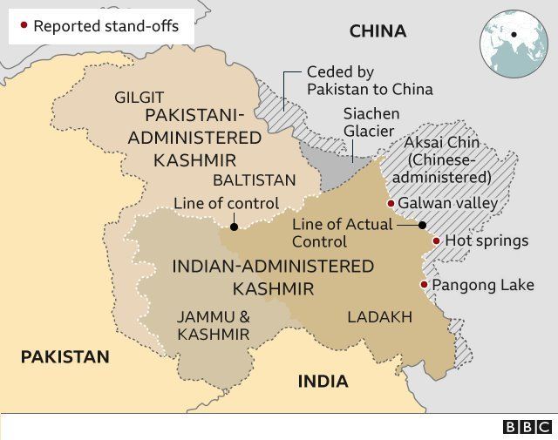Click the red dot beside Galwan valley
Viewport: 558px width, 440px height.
click(x=391, y=204)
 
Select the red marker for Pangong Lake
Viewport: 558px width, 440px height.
click(x=424, y=285)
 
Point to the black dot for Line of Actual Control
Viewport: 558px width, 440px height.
click(x=422, y=225)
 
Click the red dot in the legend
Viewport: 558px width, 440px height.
click(x=24, y=25)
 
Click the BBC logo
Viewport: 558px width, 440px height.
click(x=527, y=426)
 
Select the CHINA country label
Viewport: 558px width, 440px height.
click(x=378, y=31)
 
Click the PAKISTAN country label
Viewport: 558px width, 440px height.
click(x=65, y=356)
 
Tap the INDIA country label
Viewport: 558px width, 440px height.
click(x=323, y=381)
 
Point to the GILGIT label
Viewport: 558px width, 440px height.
click(x=139, y=98)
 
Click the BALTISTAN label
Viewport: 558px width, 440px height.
click(x=254, y=180)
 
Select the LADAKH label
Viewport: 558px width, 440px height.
click(x=379, y=317)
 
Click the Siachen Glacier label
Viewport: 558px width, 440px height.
click(x=371, y=123)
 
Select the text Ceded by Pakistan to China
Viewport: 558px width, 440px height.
click(x=370, y=80)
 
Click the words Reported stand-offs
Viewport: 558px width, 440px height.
click(x=105, y=26)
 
